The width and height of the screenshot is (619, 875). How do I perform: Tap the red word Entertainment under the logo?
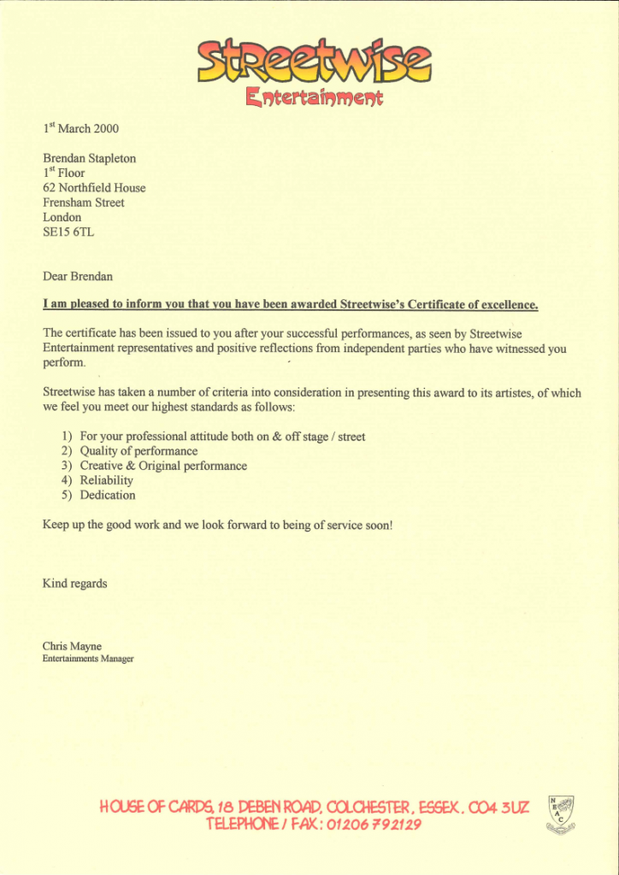coord(314,97)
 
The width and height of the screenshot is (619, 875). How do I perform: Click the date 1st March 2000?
coord(81,129)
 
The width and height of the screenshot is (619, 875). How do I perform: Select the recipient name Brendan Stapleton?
coord(90,158)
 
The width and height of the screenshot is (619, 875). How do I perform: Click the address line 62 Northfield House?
coord(94,188)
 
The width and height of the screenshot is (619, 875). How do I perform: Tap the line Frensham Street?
coord(84,203)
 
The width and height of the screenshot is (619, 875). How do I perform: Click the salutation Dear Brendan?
coord(78,276)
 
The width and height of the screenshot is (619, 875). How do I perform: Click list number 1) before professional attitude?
coord(67,437)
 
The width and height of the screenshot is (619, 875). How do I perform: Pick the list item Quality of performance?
coord(139,451)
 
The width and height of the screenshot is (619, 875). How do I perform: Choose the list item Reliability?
coord(107,480)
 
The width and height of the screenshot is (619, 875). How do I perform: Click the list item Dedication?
coord(108,495)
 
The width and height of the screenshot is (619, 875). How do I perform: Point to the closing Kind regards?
coord(75,584)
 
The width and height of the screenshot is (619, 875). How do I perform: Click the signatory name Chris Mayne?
coord(72,646)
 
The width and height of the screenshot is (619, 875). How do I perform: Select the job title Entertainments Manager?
coord(88,659)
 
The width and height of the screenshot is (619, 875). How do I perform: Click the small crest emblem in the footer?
coord(561,813)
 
